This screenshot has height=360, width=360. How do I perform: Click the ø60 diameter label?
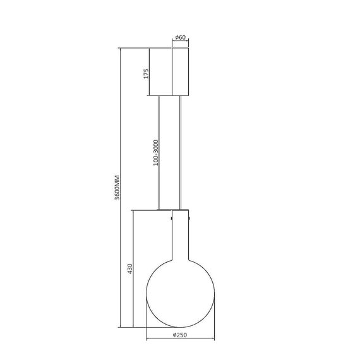click(181, 38)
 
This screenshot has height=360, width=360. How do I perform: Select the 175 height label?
click(146, 73)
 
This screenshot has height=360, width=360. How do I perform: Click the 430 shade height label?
click(130, 269)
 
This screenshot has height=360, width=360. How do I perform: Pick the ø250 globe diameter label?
click(180, 335)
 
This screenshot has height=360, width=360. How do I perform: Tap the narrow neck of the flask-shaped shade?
click(181, 234)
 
